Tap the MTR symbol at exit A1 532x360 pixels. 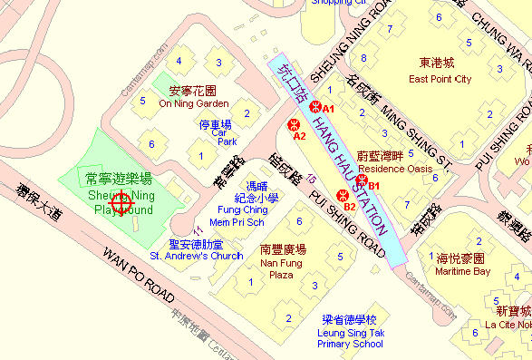coord(314,108)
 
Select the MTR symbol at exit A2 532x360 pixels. coord(293,124)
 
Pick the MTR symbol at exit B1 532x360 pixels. coord(362,180)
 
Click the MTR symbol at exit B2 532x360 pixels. coord(341,193)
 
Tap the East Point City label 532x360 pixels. coord(440,79)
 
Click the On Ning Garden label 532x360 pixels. coord(194,103)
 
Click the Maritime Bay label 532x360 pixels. coord(462,271)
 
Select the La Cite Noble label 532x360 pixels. coord(508,324)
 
